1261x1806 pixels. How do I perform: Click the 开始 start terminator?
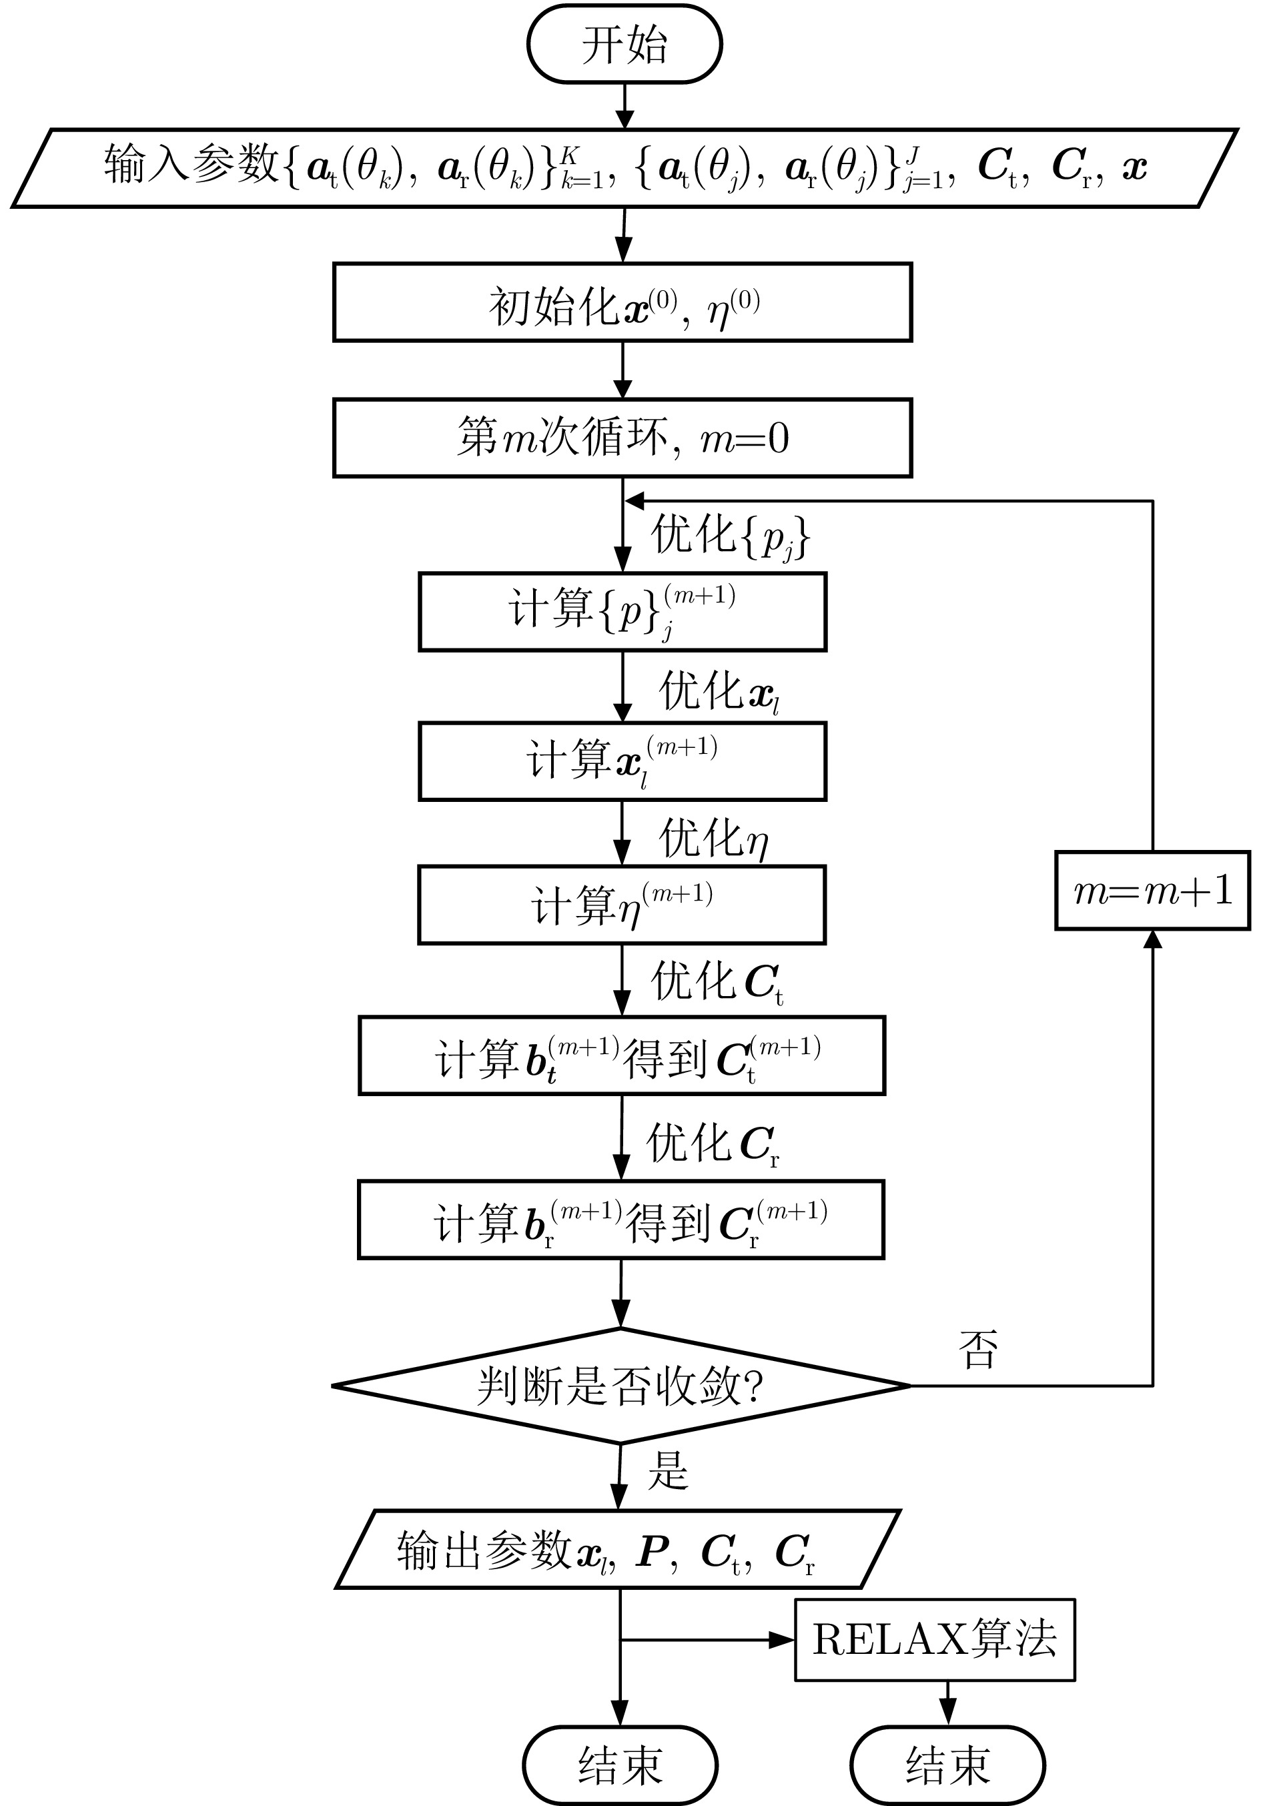(624, 44)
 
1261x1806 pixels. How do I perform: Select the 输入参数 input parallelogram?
(624, 167)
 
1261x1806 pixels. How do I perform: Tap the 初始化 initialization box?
(622, 303)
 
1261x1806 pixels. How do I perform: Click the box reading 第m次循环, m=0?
(622, 438)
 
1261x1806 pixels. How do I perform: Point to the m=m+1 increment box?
(1152, 891)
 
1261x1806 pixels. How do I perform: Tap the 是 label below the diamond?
(668, 1469)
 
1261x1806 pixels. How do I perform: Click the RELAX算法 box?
(935, 1640)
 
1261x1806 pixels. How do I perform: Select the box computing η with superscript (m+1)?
(621, 905)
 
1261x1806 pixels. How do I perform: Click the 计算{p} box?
(622, 612)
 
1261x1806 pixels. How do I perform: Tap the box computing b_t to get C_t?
(621, 1055)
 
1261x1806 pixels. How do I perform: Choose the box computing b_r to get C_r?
(620, 1220)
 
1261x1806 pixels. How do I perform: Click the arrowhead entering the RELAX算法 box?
(783, 1640)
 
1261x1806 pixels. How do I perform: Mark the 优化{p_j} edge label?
(729, 537)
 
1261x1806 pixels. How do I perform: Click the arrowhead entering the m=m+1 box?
(1152, 939)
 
